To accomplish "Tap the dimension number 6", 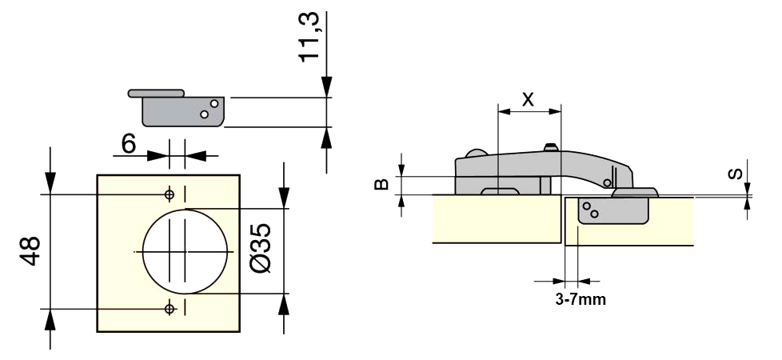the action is click(129, 144).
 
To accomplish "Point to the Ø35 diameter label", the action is click(261, 248).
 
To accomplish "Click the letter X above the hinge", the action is click(528, 99).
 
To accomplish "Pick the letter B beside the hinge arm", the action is click(381, 184).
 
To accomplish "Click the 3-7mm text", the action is click(581, 299).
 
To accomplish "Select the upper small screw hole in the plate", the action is click(170, 194).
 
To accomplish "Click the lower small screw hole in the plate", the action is click(170, 309).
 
